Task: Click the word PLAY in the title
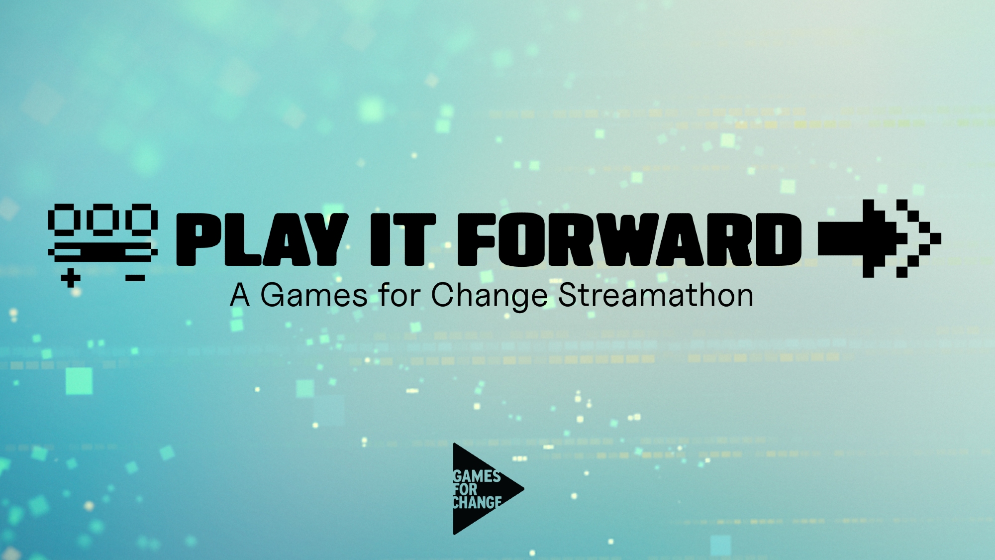(262, 239)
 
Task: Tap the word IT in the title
(403, 239)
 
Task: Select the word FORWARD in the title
(630, 239)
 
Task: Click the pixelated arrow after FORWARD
(880, 238)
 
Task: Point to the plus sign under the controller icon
(71, 278)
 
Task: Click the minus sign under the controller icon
(135, 278)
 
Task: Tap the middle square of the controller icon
(103, 220)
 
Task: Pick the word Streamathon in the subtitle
(656, 295)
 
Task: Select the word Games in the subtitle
(314, 296)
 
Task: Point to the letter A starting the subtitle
(240, 295)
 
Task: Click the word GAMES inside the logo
(477, 476)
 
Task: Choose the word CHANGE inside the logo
(477, 503)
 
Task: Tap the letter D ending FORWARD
(779, 239)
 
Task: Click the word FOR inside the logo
(465, 489)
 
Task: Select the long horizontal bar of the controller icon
(103, 252)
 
